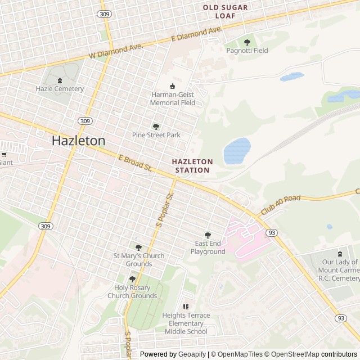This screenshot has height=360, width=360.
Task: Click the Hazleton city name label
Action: pyautogui.click(x=78, y=141)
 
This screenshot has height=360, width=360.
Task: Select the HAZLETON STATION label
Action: pyautogui.click(x=192, y=165)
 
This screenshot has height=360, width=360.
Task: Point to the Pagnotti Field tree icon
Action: pyautogui.click(x=247, y=42)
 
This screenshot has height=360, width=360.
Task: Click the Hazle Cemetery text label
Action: pyautogui.click(x=60, y=89)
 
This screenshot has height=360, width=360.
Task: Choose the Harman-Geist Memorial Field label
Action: pyautogui.click(x=173, y=99)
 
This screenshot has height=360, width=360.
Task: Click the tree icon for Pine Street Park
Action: pyautogui.click(x=156, y=127)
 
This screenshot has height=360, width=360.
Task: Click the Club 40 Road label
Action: pyautogui.click(x=281, y=205)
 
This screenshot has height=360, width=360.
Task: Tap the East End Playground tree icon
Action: pyautogui.click(x=208, y=235)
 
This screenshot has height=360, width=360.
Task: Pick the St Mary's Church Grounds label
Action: pyautogui.click(x=138, y=260)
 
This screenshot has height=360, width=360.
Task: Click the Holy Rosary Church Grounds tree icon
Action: pyautogui.click(x=132, y=279)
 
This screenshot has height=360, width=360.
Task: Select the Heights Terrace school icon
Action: pyautogui.click(x=186, y=307)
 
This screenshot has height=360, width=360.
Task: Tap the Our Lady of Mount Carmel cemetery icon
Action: pyautogui.click(x=339, y=254)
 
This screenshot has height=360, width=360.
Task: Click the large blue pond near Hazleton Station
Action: pyautogui.click(x=237, y=151)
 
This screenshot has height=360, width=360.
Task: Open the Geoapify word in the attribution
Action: pyautogui.click(x=193, y=354)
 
